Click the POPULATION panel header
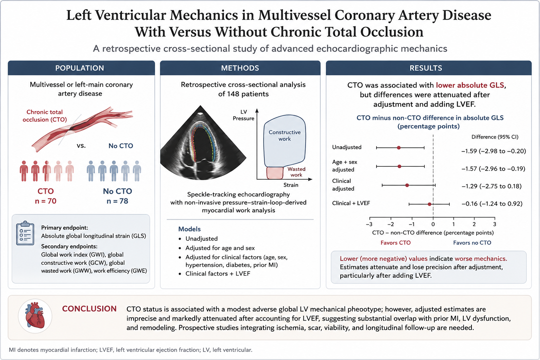click(79, 68)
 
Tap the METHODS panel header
click(240, 68)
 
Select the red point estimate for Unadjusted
click(399, 148)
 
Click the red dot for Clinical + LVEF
click(429, 204)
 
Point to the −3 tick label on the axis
click(369, 224)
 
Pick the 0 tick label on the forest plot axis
click(433, 224)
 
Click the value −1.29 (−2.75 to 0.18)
click(491, 186)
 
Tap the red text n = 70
click(46, 201)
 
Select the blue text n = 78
click(117, 201)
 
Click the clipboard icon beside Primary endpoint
click(25, 233)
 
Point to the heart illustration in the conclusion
click(35, 316)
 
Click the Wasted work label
click(296, 172)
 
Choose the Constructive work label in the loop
click(285, 135)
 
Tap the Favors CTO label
click(396, 243)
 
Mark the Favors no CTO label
click(472, 243)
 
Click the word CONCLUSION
click(89, 309)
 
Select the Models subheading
click(189, 229)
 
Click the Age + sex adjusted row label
click(345, 166)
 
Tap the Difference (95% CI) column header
click(495, 137)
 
